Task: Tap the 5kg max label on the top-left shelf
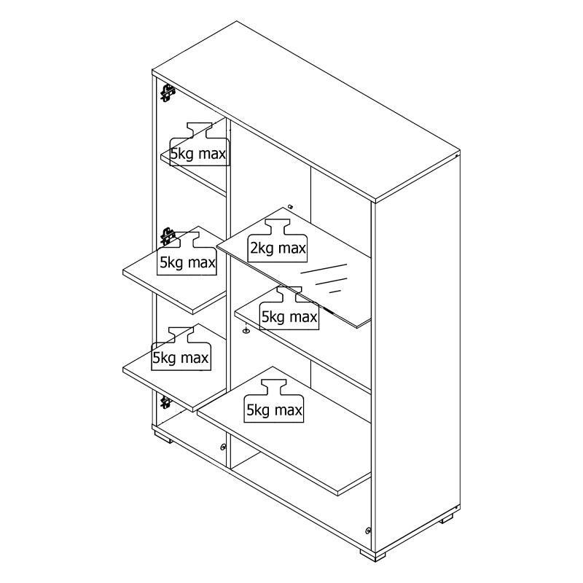[x=199, y=144]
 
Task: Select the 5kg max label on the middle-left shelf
[x=187, y=254]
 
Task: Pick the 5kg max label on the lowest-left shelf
[x=181, y=349]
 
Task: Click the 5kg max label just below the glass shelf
[x=289, y=308]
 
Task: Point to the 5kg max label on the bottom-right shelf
[x=274, y=401]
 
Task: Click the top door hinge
[x=168, y=93]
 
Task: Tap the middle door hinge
[x=168, y=236]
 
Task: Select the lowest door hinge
[x=165, y=402]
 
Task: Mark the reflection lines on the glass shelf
[x=324, y=278]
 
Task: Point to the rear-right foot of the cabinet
[x=447, y=519]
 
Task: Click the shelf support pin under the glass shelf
[x=246, y=330]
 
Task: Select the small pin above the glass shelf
[x=291, y=207]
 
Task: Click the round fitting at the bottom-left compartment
[x=223, y=447]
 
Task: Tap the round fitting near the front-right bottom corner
[x=368, y=531]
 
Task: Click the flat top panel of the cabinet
[x=306, y=111]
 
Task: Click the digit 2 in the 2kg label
[x=254, y=249]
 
